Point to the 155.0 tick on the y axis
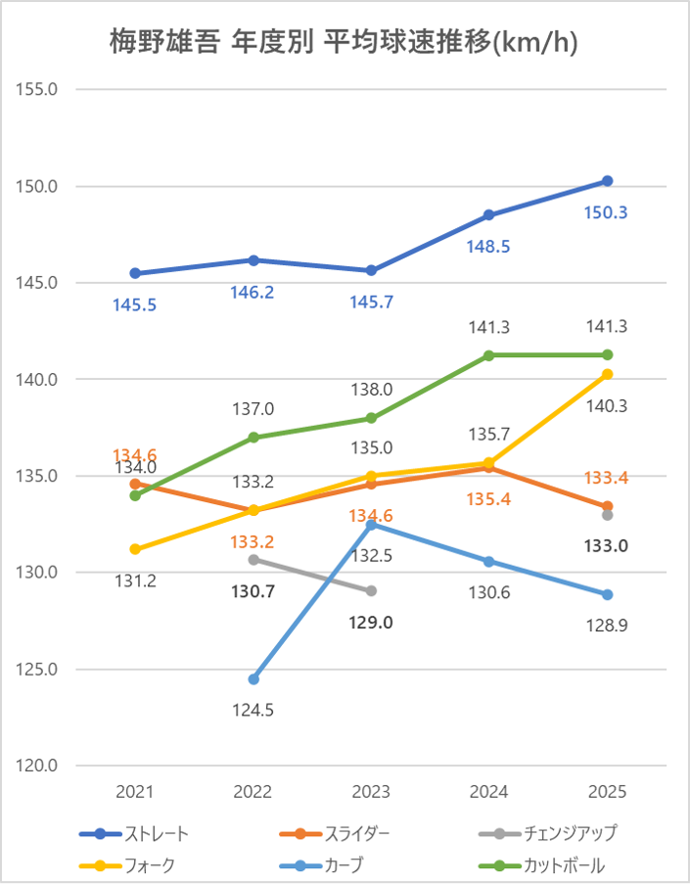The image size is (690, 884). [40, 89]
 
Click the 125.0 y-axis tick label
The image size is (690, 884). [40, 670]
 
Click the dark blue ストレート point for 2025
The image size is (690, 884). [607, 181]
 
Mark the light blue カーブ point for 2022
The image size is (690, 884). [253, 679]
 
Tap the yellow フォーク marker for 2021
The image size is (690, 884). [135, 549]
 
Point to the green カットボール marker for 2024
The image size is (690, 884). [489, 354]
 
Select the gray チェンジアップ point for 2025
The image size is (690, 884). [607, 515]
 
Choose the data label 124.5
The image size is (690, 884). [253, 710]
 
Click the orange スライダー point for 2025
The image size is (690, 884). [607, 506]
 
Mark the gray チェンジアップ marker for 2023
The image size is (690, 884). [371, 591]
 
